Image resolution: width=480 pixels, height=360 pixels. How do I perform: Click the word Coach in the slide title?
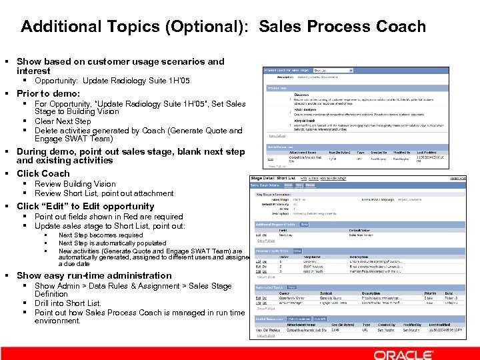point(401,27)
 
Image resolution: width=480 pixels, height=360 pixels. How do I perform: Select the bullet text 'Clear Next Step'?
point(63,121)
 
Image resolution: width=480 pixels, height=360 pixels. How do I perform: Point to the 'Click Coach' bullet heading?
point(43,173)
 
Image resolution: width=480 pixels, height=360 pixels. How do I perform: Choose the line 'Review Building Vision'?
point(75,184)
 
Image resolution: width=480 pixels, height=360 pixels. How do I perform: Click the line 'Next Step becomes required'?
point(101,235)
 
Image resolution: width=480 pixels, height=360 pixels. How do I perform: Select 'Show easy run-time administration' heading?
point(94,275)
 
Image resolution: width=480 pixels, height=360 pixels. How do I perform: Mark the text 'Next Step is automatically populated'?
point(112,243)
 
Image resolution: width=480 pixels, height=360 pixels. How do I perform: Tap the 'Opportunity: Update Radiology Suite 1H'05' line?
point(112,80)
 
